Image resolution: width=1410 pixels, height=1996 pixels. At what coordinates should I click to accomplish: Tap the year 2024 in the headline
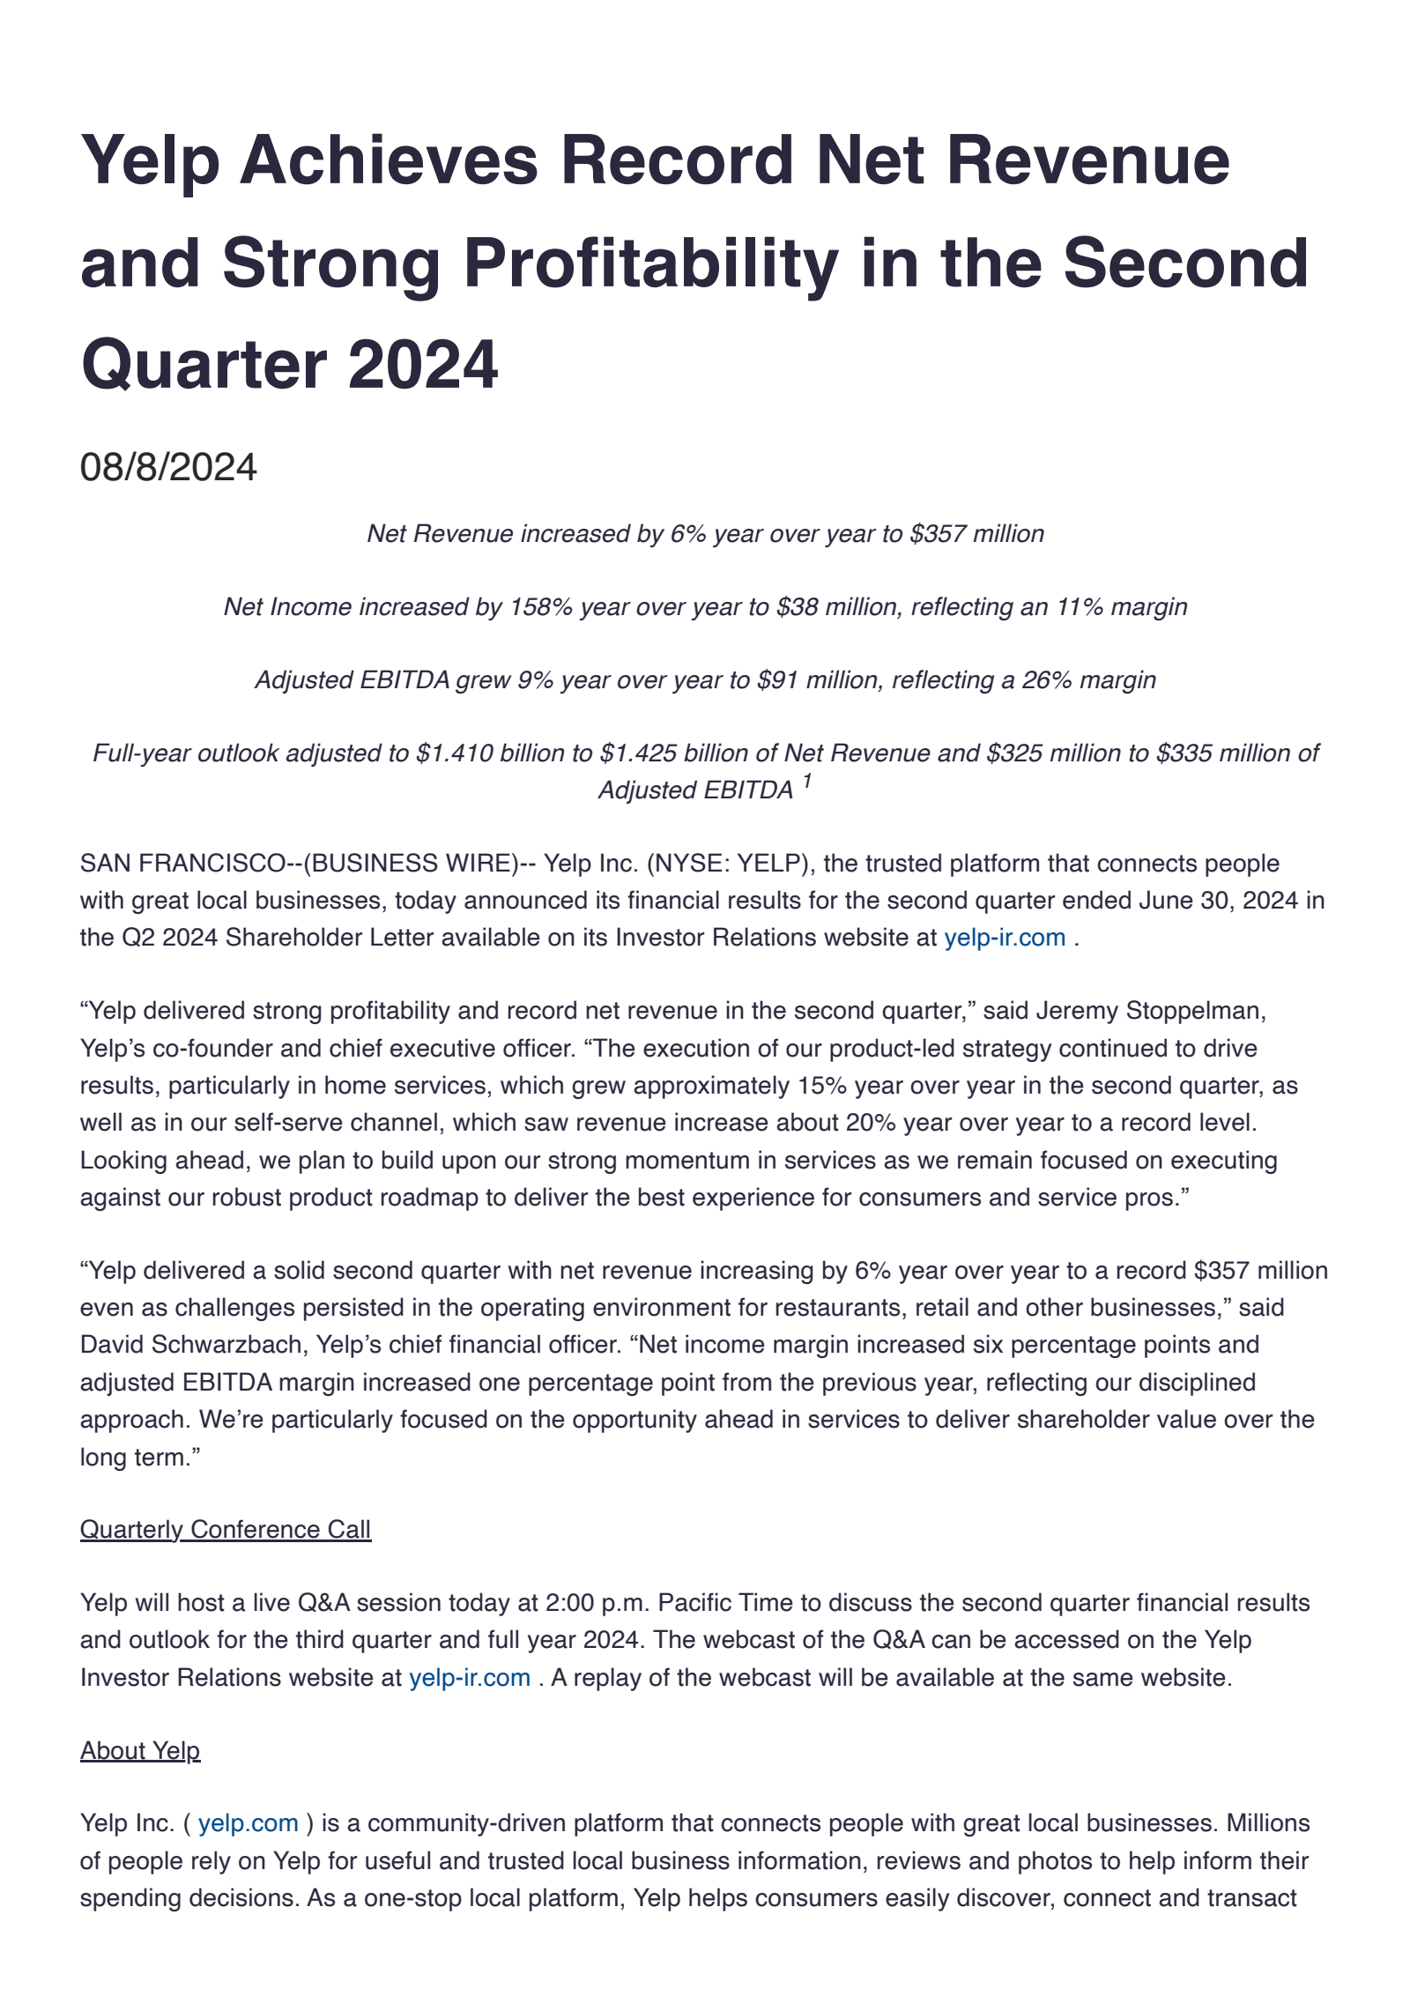(423, 365)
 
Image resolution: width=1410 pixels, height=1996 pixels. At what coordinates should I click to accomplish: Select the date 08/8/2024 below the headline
(168, 467)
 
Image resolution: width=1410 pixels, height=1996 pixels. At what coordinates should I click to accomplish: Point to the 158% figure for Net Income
(541, 607)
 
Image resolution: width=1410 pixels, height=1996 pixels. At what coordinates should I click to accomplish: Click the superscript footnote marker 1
(806, 782)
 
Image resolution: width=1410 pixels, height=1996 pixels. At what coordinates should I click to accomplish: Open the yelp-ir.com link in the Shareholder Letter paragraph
(1005, 938)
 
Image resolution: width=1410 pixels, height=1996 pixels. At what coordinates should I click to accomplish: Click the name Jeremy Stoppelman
(1151, 1011)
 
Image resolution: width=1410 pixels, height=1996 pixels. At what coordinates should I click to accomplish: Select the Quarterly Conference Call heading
(226, 1530)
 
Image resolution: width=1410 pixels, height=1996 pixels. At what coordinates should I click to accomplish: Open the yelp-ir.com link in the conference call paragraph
(470, 1678)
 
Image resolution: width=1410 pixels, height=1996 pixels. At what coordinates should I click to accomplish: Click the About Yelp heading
(140, 1751)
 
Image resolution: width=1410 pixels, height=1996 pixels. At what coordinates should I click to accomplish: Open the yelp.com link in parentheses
(249, 1823)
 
